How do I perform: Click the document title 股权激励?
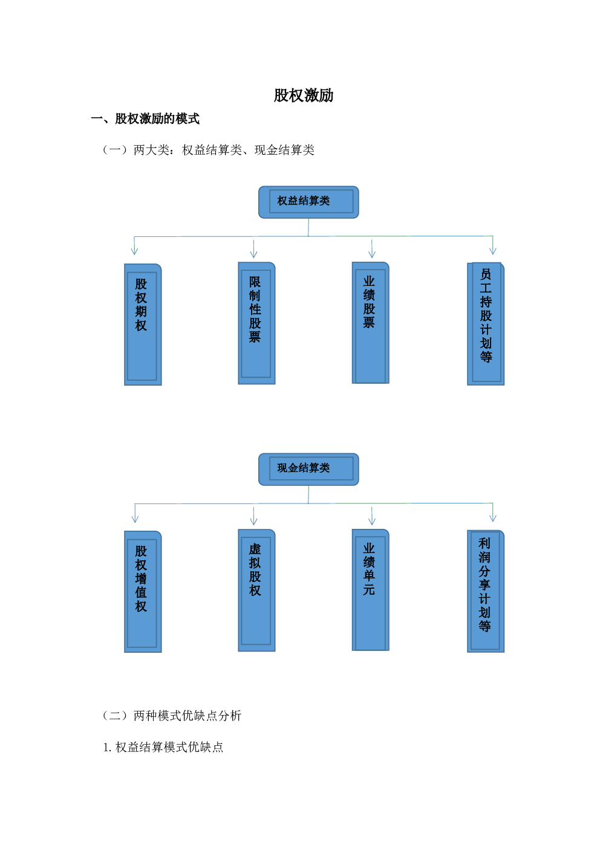pos(304,95)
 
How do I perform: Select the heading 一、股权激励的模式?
pos(145,119)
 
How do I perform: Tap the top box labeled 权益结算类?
pos(308,202)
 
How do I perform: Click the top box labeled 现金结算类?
pos(308,470)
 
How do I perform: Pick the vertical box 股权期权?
pos(143,325)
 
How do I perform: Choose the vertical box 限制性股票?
pos(256,323)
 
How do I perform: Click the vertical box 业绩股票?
pos(370,323)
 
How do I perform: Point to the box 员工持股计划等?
pos(486,324)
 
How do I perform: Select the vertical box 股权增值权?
pos(143,592)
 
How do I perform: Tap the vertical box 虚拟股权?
pos(256,590)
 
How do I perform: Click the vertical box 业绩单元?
pos(370,590)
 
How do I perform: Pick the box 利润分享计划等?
pos(486,591)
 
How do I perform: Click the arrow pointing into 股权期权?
pos(134,245)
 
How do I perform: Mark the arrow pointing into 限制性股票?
pos(254,249)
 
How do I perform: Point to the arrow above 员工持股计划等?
pos(492,245)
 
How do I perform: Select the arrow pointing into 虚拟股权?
pos(254,516)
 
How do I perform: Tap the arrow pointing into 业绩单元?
pos(372,516)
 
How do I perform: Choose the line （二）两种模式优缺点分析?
pos(172,716)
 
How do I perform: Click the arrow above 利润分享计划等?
pos(492,512)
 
